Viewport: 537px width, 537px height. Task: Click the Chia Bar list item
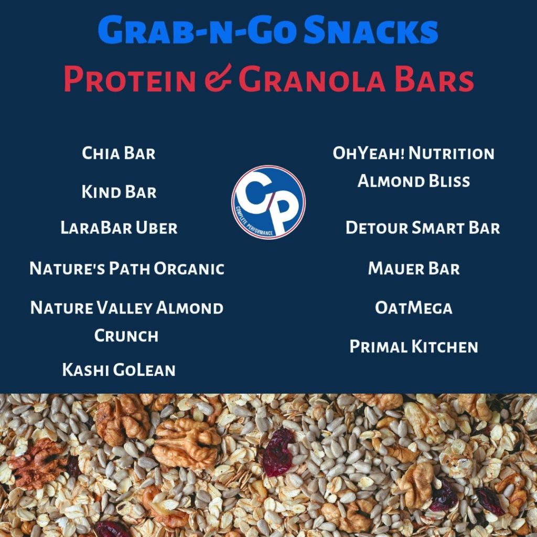[x=119, y=153]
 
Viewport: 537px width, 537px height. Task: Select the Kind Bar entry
[x=119, y=192]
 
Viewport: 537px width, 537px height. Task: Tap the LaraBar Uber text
[x=119, y=228]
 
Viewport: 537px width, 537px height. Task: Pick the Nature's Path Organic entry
[x=127, y=268]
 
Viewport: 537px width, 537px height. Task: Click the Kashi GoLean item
[x=119, y=370]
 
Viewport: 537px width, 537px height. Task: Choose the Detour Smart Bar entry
[x=423, y=228]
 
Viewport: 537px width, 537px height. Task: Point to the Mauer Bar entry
[x=414, y=268]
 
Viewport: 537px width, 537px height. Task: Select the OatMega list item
[x=414, y=307]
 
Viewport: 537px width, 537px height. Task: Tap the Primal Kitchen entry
[x=414, y=347]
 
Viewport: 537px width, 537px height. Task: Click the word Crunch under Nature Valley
[x=126, y=336]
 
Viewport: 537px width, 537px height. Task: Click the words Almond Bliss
[x=414, y=181]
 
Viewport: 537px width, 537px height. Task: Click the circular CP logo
[x=268, y=202]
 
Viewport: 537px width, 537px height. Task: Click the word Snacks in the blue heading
[x=371, y=31]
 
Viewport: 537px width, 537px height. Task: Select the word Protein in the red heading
[x=130, y=80]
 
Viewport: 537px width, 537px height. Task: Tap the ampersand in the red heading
[x=218, y=79]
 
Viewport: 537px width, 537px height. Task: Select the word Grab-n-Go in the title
[x=197, y=31]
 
